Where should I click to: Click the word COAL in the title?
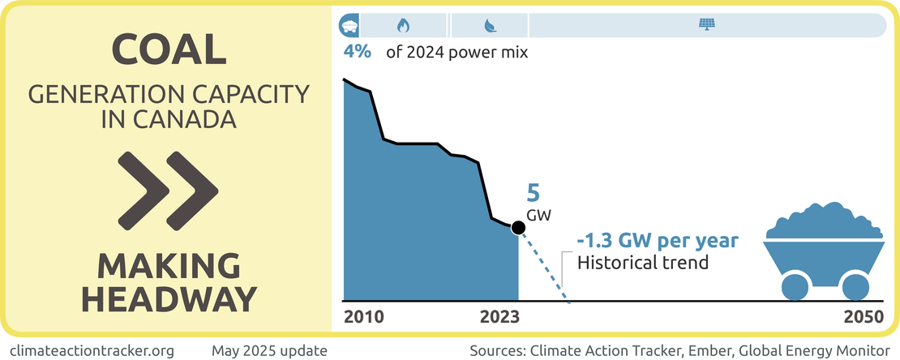(x=169, y=50)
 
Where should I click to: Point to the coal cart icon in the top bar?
(x=349, y=25)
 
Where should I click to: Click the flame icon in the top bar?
(x=403, y=25)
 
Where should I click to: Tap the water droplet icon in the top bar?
(x=490, y=25)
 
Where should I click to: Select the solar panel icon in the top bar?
(x=706, y=25)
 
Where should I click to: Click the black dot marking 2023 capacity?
(x=518, y=228)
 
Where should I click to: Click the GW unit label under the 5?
(x=538, y=216)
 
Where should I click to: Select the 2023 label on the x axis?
(x=502, y=317)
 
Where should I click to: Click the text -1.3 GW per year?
(x=658, y=242)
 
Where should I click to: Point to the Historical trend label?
(x=642, y=263)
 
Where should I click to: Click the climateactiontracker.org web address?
(x=93, y=350)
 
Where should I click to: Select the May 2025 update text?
(x=269, y=350)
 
